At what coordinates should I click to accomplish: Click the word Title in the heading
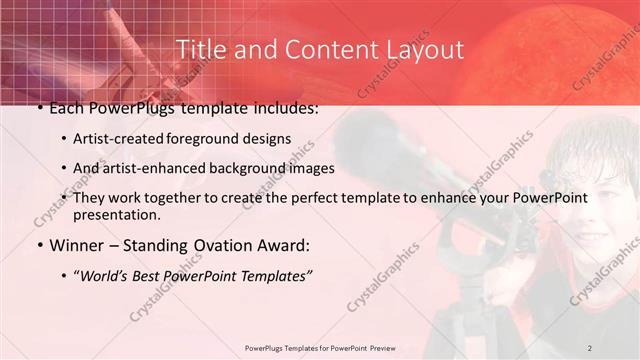(x=201, y=50)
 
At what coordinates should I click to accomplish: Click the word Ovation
(x=212, y=245)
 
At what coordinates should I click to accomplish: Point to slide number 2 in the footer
(x=590, y=347)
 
